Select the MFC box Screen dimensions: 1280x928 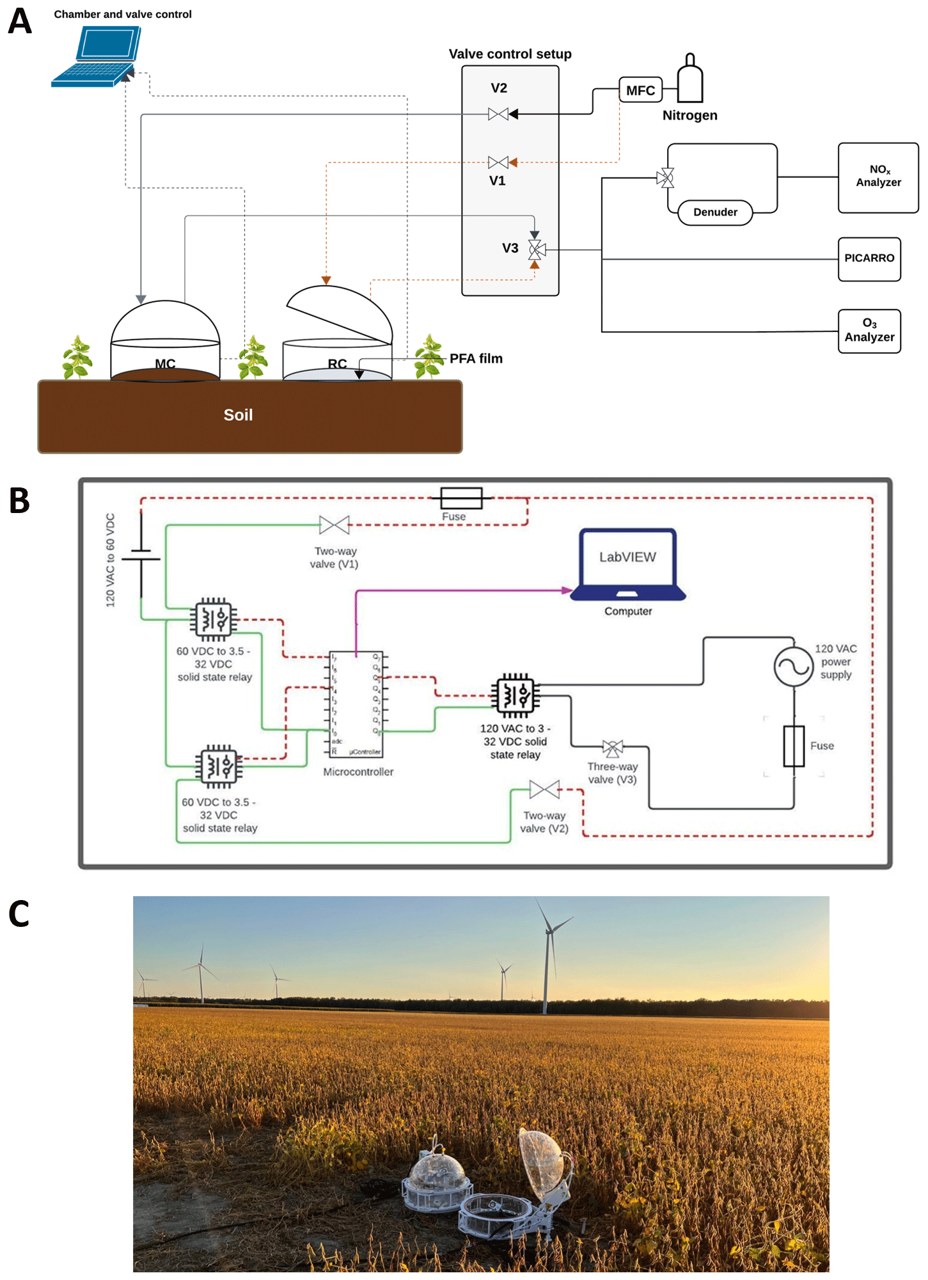640,90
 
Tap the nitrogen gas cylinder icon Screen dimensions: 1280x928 690,80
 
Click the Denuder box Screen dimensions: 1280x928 715,212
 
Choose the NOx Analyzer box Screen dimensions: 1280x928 878,177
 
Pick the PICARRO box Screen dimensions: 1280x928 869,258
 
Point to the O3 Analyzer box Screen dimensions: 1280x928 869,331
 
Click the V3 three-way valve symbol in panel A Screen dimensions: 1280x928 536,249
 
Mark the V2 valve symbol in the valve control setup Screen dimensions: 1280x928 498,115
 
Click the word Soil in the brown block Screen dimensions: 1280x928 238,415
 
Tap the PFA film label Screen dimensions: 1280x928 476,359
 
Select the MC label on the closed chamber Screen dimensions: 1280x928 165,363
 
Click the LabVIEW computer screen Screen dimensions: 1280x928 627,557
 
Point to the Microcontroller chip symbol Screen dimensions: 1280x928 356,704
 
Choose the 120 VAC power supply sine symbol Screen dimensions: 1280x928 794,667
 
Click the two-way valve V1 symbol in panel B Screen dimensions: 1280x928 334,525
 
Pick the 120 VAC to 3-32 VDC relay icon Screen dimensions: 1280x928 515,695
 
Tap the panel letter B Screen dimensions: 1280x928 20,501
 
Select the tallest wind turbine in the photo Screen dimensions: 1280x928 548,960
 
